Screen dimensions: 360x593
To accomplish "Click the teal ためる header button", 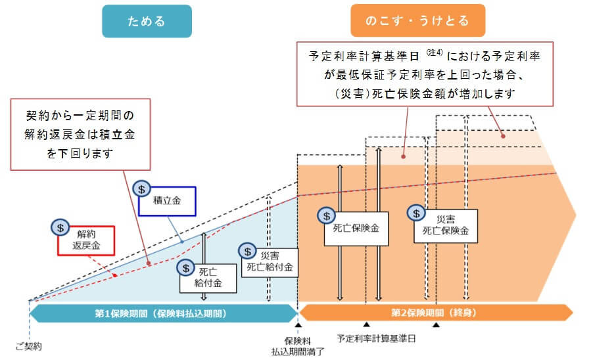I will [147, 21].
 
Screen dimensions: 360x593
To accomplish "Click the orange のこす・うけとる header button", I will [417, 21].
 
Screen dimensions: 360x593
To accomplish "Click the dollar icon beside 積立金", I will [141, 188].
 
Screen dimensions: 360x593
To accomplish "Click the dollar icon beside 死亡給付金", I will [186, 267].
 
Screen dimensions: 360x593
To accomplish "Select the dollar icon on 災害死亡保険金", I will [416, 213].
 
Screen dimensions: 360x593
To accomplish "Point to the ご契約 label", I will [28, 346].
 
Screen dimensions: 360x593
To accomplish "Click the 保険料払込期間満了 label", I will [297, 346].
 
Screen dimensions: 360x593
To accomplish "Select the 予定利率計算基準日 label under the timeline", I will [376, 339].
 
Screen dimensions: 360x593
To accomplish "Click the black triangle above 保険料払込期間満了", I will [298, 325].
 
